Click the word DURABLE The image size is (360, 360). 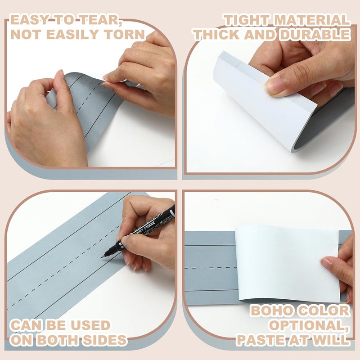[315, 35]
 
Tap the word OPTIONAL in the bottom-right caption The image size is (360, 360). [309, 325]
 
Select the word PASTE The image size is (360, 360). [261, 340]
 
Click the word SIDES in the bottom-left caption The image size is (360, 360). [104, 340]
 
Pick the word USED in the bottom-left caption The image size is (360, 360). [90, 325]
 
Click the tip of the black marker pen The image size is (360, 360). [101, 258]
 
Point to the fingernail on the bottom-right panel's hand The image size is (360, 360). [325, 262]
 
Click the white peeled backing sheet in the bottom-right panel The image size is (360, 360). [288, 264]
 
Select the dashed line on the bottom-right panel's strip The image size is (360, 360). [211, 268]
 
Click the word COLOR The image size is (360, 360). [324, 310]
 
